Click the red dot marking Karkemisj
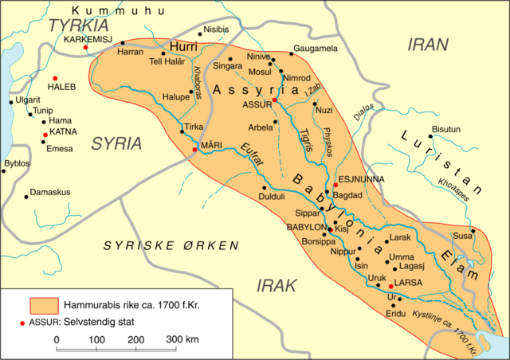[x=85, y=48]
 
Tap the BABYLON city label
[x=308, y=226]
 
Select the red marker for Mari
[x=194, y=149]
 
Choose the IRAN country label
[x=429, y=44]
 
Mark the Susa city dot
[x=473, y=231]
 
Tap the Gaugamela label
[x=316, y=49]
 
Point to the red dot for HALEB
[x=55, y=78]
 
